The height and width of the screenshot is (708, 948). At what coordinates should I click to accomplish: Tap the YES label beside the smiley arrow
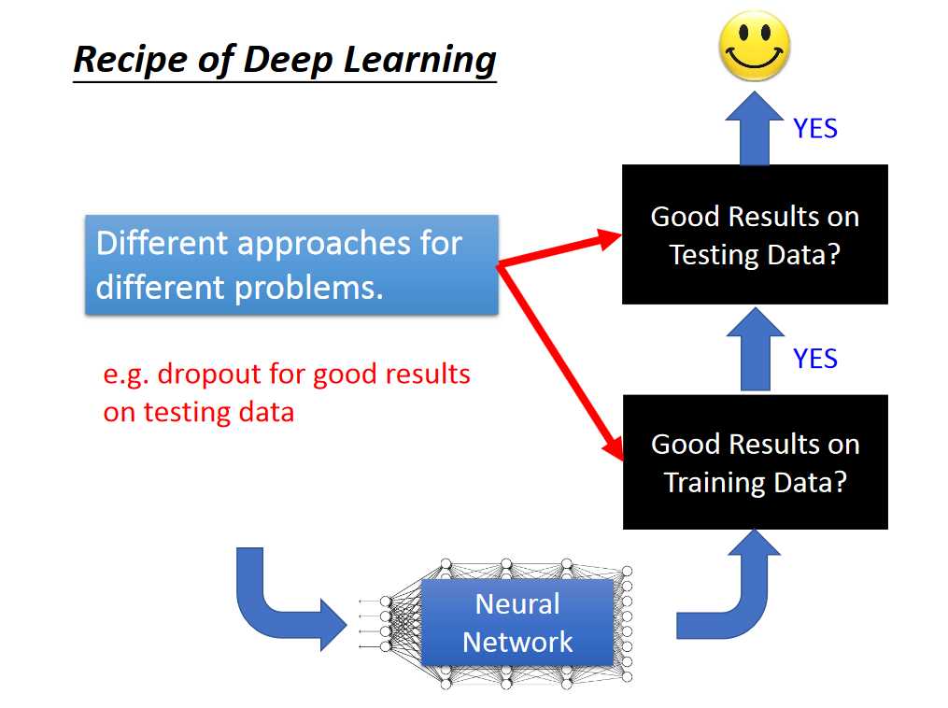click(815, 129)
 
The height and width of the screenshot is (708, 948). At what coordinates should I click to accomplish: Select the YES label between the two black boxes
click(815, 359)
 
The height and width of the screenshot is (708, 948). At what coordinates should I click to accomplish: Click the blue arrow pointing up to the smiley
click(755, 131)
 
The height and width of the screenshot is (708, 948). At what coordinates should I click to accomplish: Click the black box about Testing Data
click(755, 234)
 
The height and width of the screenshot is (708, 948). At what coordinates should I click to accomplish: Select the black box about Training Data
click(755, 462)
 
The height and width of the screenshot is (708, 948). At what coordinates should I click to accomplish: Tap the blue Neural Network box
click(517, 623)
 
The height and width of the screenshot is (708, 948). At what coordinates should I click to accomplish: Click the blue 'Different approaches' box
click(291, 264)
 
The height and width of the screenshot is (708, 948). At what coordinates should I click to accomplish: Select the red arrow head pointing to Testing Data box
click(609, 237)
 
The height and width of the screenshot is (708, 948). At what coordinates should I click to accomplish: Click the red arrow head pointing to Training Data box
click(614, 447)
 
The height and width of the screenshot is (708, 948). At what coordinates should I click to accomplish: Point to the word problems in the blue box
click(308, 287)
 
